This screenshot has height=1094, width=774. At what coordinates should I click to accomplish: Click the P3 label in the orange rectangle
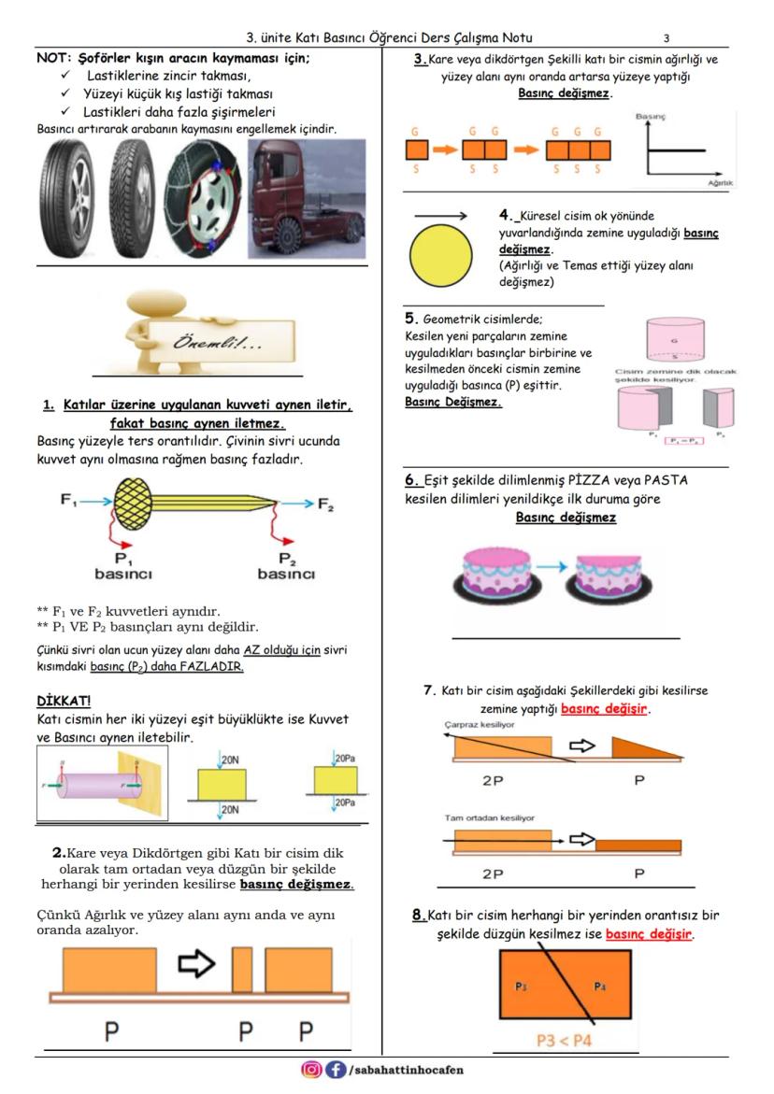tap(520, 985)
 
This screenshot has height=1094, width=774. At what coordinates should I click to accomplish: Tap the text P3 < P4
tap(569, 1040)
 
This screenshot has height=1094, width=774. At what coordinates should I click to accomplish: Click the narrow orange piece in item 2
tap(242, 970)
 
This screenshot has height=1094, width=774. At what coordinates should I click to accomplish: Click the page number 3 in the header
tap(666, 38)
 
